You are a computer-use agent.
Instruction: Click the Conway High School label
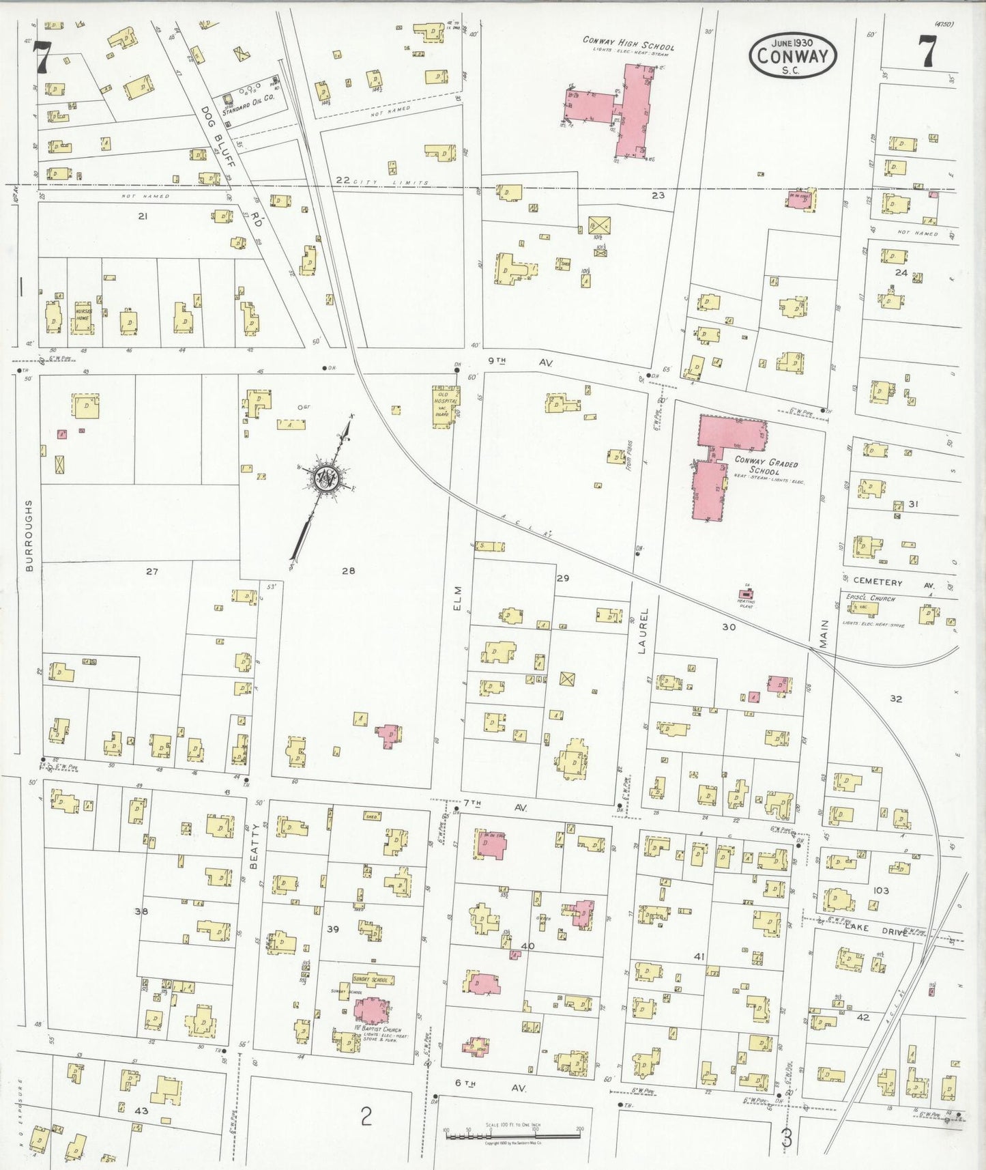click(x=628, y=44)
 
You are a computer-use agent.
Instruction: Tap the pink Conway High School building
click(x=631, y=109)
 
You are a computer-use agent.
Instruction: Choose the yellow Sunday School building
click(x=371, y=980)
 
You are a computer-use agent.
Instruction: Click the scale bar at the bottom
click(x=512, y=1136)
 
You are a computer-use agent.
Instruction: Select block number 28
click(x=348, y=571)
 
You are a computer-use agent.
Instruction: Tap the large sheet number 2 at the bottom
click(x=366, y=1117)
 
